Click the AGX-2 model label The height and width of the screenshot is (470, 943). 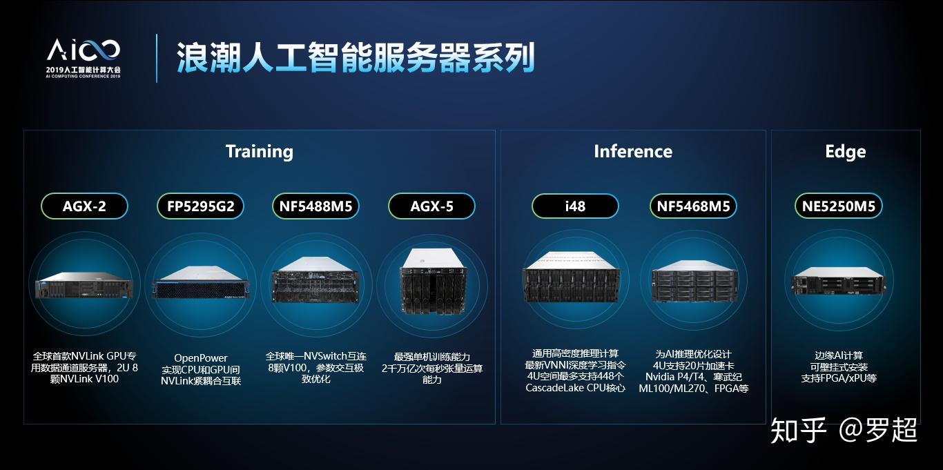coord(84,206)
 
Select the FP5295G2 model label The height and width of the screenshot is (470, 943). coord(201,206)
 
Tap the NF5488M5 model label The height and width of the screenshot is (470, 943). coord(315,206)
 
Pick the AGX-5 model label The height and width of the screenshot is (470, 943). coord(432,206)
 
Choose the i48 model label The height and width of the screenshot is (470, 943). coord(574,206)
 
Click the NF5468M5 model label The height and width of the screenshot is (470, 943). coord(694,206)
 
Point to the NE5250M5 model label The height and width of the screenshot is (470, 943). coord(838,206)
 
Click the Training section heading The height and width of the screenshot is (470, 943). coord(260,151)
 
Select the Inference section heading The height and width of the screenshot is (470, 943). coord(632,151)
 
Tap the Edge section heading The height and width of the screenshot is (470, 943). coord(845,151)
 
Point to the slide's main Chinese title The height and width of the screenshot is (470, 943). coord(356,58)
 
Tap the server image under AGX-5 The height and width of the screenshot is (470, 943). coord(432,281)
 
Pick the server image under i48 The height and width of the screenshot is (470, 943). coord(575,282)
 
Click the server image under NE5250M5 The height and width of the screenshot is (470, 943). coord(837,282)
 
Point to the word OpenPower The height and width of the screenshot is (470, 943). coord(201,358)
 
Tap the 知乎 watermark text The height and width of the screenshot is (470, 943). coord(797,429)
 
